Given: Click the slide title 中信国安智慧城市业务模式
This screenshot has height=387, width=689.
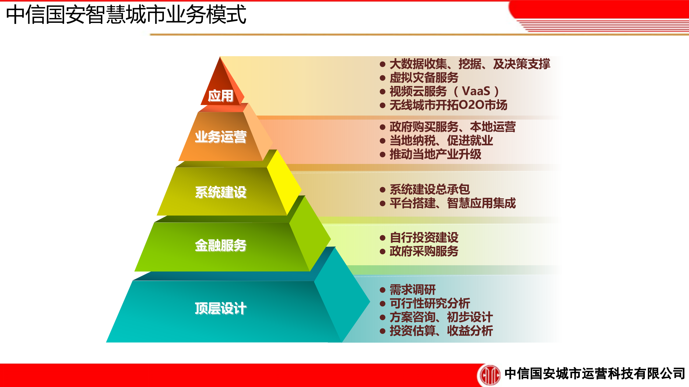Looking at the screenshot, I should (x=126, y=15).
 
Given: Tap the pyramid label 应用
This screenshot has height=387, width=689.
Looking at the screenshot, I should (x=220, y=96).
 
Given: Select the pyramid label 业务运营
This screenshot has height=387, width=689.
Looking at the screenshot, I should (x=220, y=137).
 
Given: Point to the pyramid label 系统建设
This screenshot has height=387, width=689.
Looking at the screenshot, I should (x=220, y=192).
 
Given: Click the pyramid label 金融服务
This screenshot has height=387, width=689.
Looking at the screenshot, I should (x=220, y=245).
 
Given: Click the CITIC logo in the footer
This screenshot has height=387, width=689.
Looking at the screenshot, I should (x=490, y=374).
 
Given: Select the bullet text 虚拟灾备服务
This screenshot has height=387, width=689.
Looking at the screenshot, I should (x=424, y=78).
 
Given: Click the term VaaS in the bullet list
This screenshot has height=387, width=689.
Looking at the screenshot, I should (x=476, y=91).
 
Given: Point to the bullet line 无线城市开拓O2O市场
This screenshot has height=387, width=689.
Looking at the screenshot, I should (x=448, y=105).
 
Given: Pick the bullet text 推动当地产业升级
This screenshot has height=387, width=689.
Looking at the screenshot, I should (x=435, y=154).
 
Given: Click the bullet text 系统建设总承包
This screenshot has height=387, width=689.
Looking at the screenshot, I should (x=430, y=189).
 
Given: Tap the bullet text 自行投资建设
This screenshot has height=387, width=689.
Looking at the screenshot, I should (x=424, y=237).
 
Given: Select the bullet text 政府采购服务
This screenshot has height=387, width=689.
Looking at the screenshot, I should (x=424, y=251).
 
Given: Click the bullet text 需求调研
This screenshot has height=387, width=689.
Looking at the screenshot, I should (x=413, y=290).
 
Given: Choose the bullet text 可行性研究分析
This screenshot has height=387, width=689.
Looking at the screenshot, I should (x=430, y=303).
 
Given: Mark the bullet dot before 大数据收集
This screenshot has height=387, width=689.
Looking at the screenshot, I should (x=383, y=64).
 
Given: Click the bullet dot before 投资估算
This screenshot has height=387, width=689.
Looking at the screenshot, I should (x=383, y=331).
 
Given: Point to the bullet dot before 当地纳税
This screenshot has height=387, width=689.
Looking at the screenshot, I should (x=383, y=141).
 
